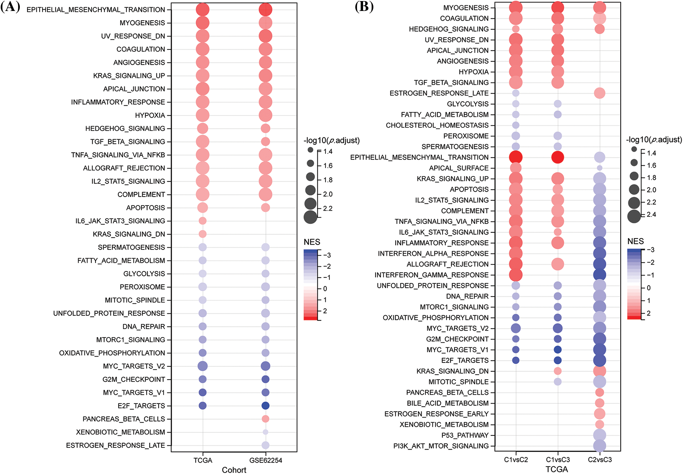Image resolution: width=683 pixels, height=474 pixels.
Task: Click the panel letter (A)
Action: (10, 7)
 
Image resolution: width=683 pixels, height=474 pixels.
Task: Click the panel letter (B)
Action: (364, 7)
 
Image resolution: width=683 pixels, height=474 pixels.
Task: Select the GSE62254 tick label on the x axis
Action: (265, 460)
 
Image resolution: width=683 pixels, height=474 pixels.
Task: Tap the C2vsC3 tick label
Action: (599, 459)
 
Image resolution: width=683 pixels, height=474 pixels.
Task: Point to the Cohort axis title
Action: (234, 470)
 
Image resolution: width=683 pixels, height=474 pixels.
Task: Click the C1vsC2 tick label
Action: (516, 459)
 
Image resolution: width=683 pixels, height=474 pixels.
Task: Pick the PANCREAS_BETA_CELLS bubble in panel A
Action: (265, 419)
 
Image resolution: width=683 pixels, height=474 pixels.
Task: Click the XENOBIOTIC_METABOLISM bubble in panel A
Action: (265, 432)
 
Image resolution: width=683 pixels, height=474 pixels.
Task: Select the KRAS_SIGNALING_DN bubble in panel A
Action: (202, 234)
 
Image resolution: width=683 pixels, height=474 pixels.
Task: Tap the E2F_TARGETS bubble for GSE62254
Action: (265, 406)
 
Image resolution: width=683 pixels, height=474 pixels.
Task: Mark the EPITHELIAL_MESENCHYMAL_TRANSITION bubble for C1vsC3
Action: (558, 157)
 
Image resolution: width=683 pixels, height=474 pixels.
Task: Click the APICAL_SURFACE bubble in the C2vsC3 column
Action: (599, 168)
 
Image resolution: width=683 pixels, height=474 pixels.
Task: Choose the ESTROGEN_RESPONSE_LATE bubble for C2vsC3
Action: (599, 93)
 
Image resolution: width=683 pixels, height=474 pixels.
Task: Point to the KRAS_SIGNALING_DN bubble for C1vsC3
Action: (558, 371)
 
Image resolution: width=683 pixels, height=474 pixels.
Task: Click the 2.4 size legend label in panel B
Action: (652, 214)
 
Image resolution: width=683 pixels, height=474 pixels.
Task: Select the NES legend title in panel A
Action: (312, 242)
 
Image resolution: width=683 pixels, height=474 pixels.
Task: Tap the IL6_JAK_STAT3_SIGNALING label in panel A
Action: (120, 221)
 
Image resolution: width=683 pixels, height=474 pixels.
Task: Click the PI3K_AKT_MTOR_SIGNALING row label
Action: (441, 446)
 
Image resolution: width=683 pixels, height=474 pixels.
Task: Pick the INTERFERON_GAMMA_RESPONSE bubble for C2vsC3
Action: (599, 275)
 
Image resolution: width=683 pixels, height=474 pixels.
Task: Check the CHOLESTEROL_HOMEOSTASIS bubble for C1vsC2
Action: (516, 125)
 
